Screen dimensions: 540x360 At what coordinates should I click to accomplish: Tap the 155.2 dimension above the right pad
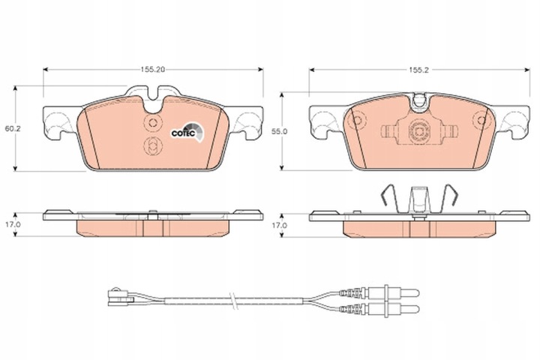coord(420,70)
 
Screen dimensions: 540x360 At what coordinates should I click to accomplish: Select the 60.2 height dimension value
coord(11,129)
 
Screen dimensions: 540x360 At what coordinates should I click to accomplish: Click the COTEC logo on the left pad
coord(184,133)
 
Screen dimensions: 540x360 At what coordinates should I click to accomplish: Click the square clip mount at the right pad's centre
coord(418,131)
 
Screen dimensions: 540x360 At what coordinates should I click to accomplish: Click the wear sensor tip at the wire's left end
coord(117,295)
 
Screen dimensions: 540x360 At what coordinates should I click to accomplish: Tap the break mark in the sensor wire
coord(235,300)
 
